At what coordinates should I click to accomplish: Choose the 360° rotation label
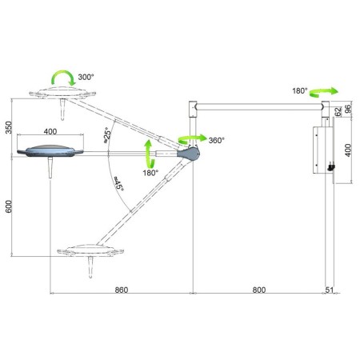click(x=214, y=140)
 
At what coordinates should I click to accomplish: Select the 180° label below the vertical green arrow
click(x=149, y=172)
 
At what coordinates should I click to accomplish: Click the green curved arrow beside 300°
click(x=61, y=77)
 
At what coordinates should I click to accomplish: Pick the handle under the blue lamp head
click(x=50, y=170)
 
